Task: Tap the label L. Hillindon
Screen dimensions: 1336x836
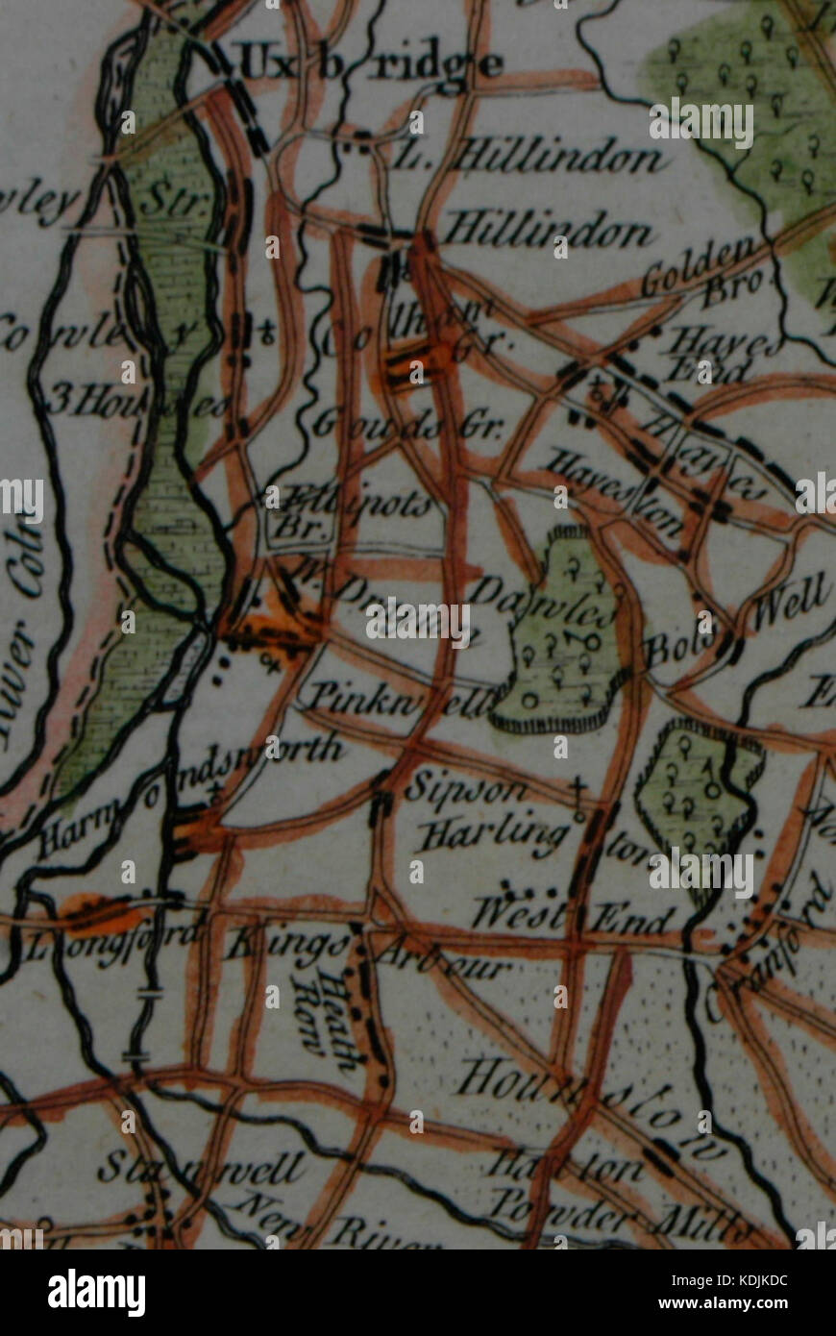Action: click(x=529, y=157)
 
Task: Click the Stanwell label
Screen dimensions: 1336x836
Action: click(x=201, y=1169)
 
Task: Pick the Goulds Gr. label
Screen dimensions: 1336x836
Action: click(x=407, y=424)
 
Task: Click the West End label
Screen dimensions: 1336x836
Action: click(x=572, y=916)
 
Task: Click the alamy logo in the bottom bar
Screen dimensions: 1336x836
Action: click(x=96, y=1292)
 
